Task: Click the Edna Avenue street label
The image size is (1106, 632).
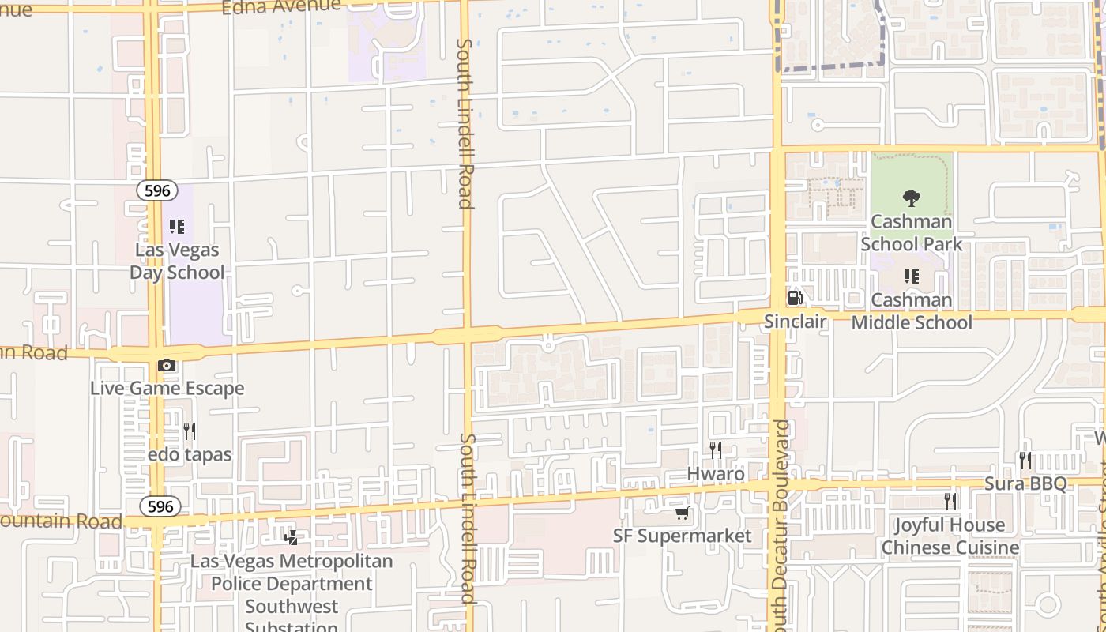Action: pyautogui.click(x=281, y=7)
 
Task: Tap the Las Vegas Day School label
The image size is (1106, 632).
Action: pyautogui.click(x=178, y=261)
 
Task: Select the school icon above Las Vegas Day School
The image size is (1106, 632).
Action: pyautogui.click(x=177, y=228)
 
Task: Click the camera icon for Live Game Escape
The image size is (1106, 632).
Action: pyautogui.click(x=167, y=365)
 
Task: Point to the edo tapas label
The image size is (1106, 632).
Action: pyautogui.click(x=190, y=454)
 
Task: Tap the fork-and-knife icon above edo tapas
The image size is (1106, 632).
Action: pyautogui.click(x=189, y=431)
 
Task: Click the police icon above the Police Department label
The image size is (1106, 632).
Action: pyautogui.click(x=292, y=538)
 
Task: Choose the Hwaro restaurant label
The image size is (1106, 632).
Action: pyautogui.click(x=716, y=474)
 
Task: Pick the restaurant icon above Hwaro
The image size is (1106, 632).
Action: pyautogui.click(x=715, y=450)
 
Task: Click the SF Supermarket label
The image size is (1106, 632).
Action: pyautogui.click(x=683, y=536)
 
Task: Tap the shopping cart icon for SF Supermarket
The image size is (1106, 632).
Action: pyautogui.click(x=682, y=513)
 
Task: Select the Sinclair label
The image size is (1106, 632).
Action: pyautogui.click(x=795, y=322)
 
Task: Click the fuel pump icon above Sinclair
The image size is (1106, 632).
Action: pyautogui.click(x=795, y=298)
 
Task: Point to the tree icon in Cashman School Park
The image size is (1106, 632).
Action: pyautogui.click(x=911, y=197)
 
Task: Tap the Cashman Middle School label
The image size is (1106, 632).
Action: pyautogui.click(x=912, y=311)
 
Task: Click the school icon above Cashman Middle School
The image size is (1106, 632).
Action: pyautogui.click(x=911, y=276)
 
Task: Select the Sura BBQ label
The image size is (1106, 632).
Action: pyautogui.click(x=1025, y=483)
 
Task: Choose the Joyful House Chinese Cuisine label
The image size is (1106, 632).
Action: pyautogui.click(x=950, y=536)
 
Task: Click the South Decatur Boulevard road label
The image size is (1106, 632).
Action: pyautogui.click(x=781, y=521)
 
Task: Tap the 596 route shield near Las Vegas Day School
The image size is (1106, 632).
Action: pyautogui.click(x=156, y=190)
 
